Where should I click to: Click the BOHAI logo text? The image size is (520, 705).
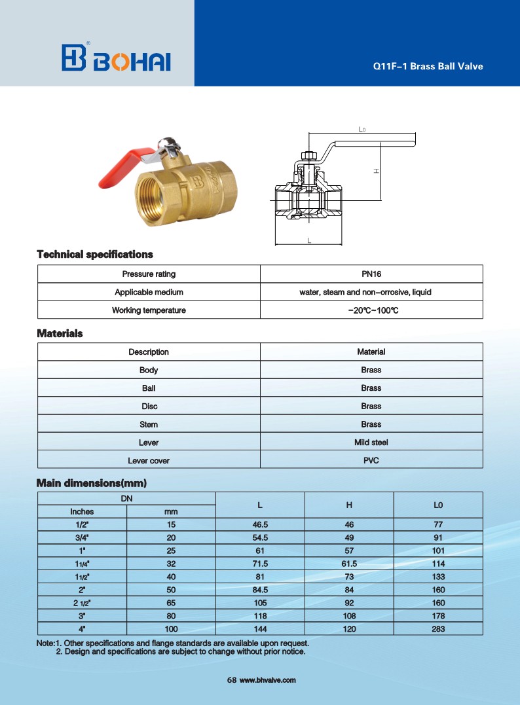pos(132,60)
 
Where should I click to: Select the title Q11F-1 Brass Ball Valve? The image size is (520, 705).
pos(428,66)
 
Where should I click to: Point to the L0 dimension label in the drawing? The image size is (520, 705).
pos(362,130)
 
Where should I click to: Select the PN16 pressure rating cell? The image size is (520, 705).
pos(371,274)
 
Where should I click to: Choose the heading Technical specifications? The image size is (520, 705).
pos(95,254)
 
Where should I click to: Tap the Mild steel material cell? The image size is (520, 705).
pos(371,443)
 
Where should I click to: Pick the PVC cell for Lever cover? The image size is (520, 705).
pos(371,460)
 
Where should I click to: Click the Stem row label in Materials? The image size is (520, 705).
pos(149,424)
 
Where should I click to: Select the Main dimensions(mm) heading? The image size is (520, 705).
pos(92,484)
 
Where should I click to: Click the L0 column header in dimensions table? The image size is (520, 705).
pos(438,505)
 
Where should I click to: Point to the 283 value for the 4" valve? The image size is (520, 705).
pos(438,629)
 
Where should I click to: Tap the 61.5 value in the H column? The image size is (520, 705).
pos(349,564)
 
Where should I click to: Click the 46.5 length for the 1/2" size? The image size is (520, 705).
pos(260,524)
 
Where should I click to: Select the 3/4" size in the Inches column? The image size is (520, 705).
pos(82,537)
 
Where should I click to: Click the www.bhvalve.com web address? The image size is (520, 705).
pos(268,680)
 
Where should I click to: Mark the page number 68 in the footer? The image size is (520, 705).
pos(231,680)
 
